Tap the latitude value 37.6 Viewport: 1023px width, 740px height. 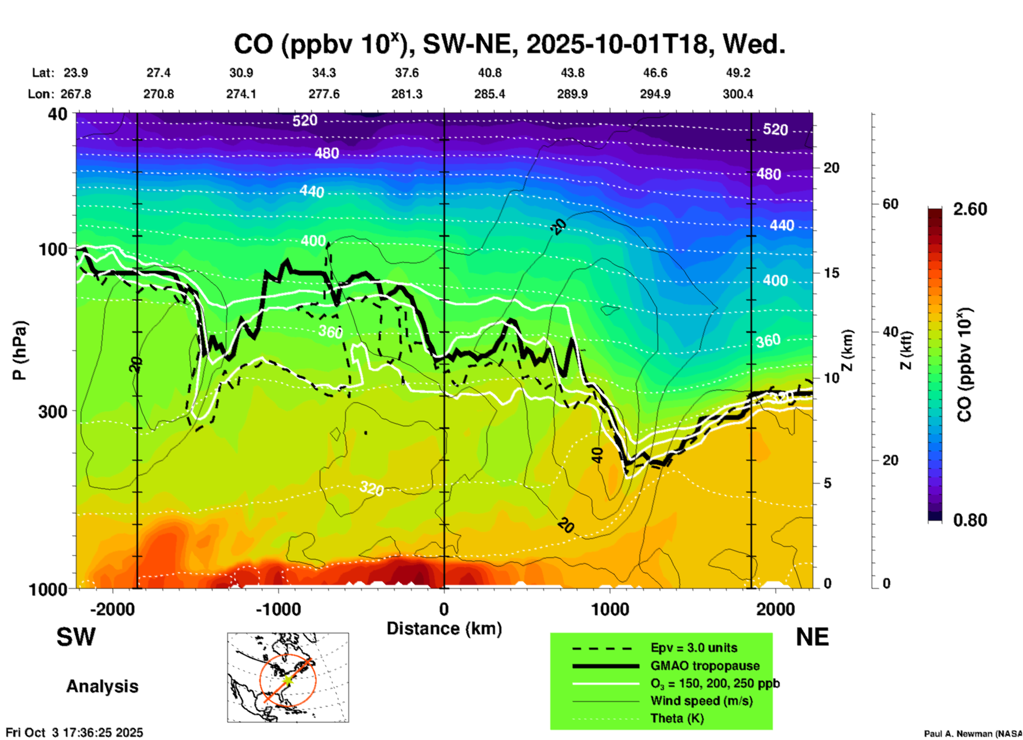pyautogui.click(x=407, y=73)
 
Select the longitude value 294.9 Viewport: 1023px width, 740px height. pyautogui.click(x=655, y=94)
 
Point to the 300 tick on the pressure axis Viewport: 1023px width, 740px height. pyautogui.click(x=53, y=411)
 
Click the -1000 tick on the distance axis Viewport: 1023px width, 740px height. pyautogui.click(x=278, y=609)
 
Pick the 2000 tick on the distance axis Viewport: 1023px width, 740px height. pyautogui.click(x=775, y=609)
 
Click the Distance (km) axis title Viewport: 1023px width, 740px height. pyautogui.click(x=444, y=629)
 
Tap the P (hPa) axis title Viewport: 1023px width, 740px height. pyautogui.click(x=20, y=350)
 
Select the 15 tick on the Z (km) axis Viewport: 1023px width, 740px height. pyautogui.click(x=832, y=273)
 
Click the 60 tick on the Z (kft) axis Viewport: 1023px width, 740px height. pyautogui.click(x=891, y=204)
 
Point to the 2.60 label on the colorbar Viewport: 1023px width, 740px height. pyautogui.click(x=970, y=209)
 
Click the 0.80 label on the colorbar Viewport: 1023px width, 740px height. pyautogui.click(x=970, y=520)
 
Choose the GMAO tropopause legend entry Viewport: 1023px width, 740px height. pyautogui.click(x=705, y=666)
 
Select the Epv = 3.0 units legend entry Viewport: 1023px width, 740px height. pyautogui.click(x=694, y=648)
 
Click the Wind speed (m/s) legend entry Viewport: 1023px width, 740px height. pyautogui.click(x=701, y=701)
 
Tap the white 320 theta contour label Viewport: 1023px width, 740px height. pyautogui.click(x=371, y=488)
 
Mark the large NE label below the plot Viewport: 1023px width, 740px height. pyautogui.click(x=812, y=637)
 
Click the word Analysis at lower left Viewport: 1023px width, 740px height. pyautogui.click(x=102, y=686)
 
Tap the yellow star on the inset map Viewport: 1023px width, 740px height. pyautogui.click(x=287, y=679)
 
